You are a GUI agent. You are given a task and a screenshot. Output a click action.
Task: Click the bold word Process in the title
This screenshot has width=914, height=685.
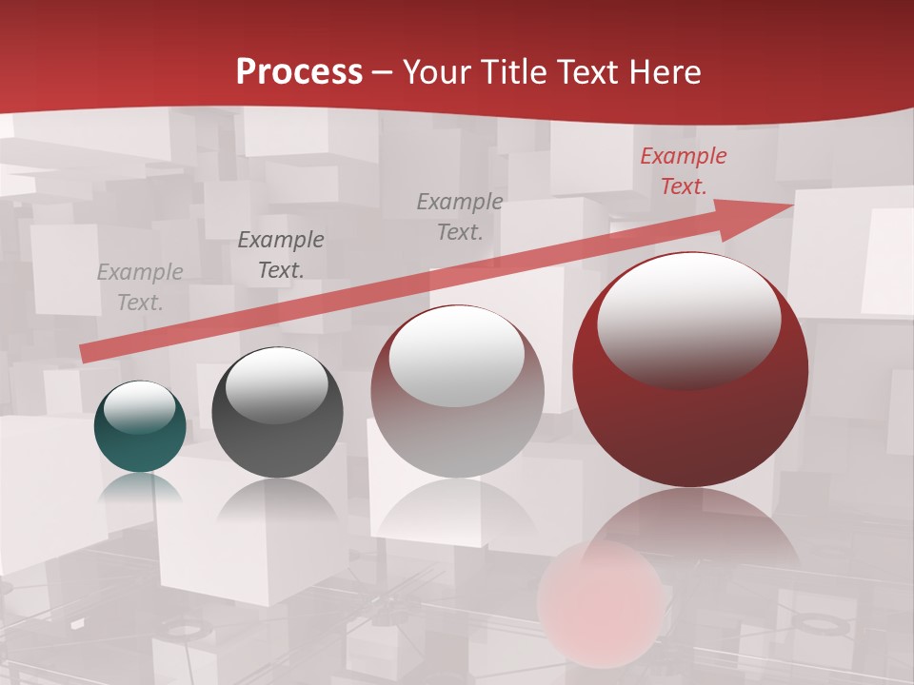[299, 71]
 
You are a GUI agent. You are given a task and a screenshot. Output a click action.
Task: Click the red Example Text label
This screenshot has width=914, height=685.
[683, 171]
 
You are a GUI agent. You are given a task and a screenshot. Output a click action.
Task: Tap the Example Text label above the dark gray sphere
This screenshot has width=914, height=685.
[281, 255]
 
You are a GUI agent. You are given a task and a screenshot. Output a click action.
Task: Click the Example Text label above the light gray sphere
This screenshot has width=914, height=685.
[460, 216]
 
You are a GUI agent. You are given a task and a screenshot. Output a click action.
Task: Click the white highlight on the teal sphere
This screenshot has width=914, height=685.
[140, 407]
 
